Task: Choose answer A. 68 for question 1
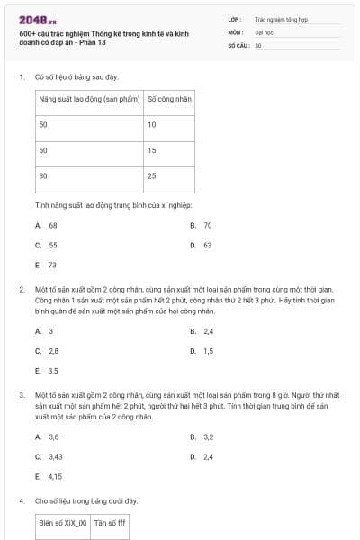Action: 47,225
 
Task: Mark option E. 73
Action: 47,265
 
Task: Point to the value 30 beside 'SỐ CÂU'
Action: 258,45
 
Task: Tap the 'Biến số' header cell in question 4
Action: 62,521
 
